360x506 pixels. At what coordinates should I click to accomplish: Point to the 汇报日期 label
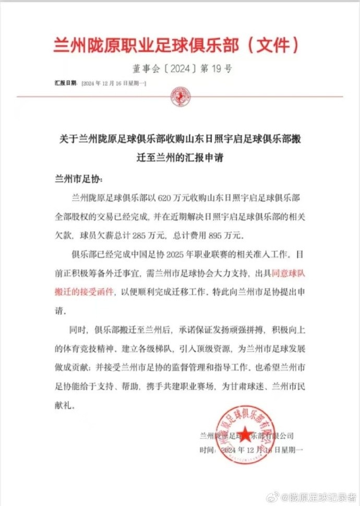click(66, 83)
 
